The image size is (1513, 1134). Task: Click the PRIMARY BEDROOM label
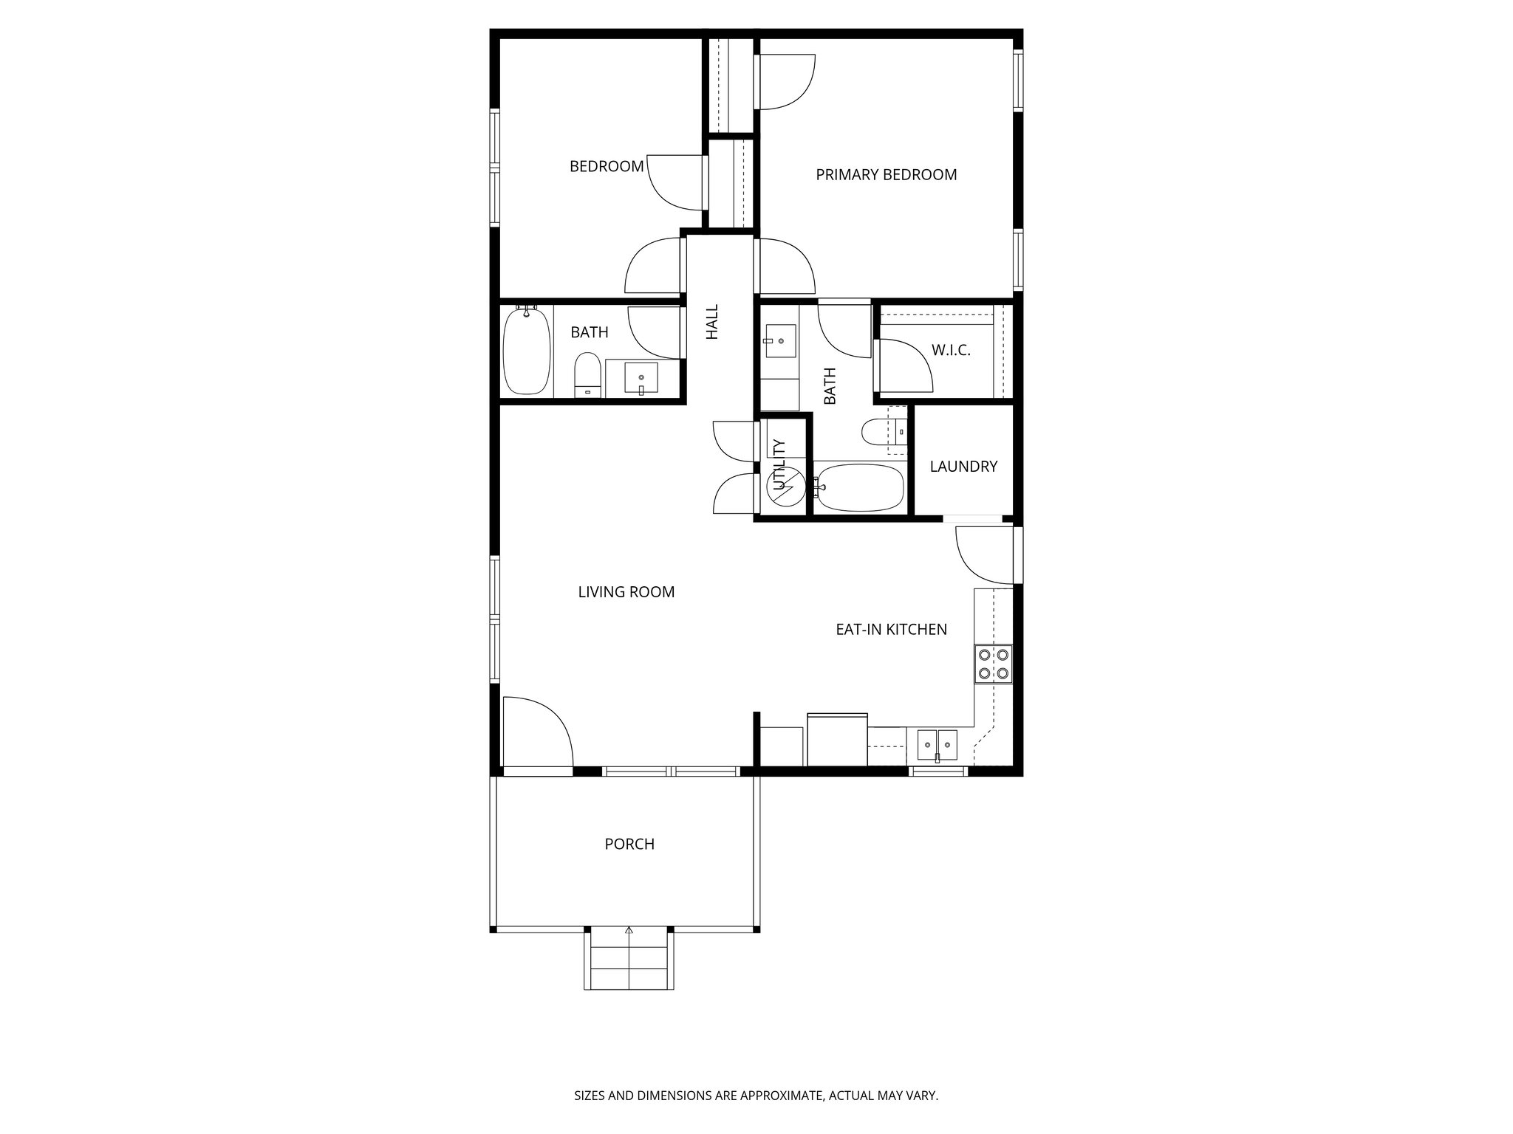tap(886, 175)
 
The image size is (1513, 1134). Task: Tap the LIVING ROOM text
tap(626, 592)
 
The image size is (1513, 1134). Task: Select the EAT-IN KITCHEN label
tap(891, 630)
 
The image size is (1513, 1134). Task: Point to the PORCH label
tap(629, 844)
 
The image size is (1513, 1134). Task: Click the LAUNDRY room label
tap(963, 467)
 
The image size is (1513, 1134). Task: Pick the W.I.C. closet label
tap(951, 351)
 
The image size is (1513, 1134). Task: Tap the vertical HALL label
tap(712, 323)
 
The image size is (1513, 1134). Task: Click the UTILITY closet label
tap(779, 464)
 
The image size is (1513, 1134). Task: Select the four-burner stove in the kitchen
tap(994, 663)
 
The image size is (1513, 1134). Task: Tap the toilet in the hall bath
tap(588, 375)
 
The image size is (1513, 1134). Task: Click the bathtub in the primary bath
tap(858, 487)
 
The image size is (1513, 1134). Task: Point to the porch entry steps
tap(629, 961)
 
